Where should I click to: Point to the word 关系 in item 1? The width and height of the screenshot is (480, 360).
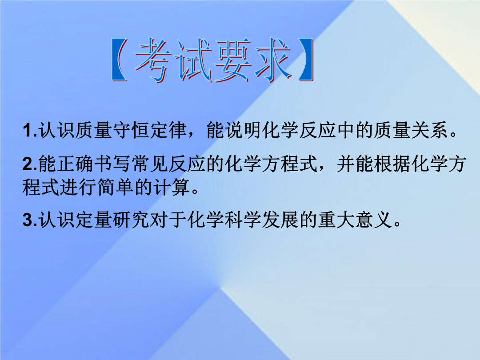coord(429,130)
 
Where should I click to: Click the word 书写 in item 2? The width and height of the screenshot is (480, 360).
coord(112,164)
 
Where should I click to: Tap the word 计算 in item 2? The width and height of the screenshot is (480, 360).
coord(172,187)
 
